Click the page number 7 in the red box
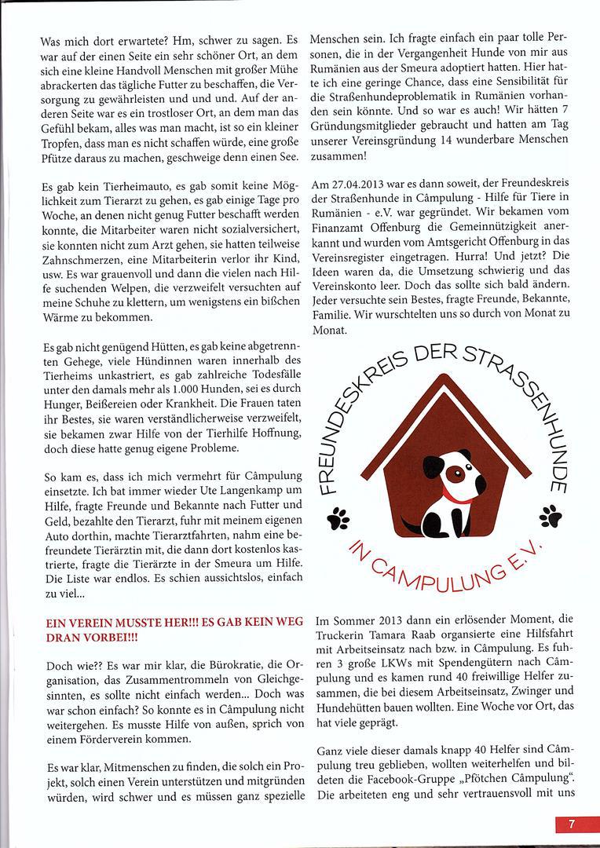point(572,824)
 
